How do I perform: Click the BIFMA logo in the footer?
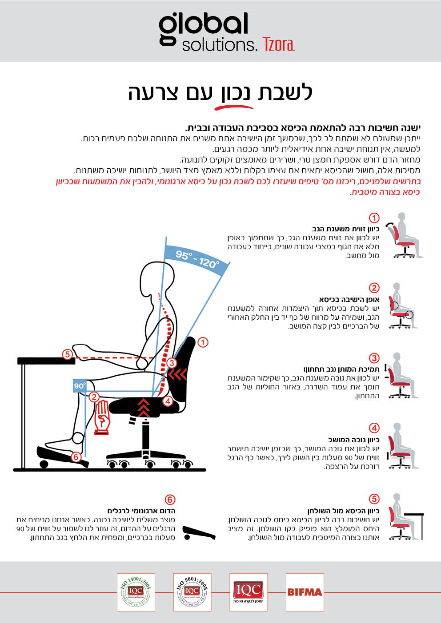click(x=305, y=592)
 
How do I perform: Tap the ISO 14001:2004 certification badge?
click(x=136, y=592)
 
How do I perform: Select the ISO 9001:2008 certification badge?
click(x=192, y=592)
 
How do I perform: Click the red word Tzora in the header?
click(x=278, y=44)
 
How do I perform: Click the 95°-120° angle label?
click(x=197, y=260)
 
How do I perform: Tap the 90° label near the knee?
click(x=80, y=386)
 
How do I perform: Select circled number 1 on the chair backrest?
click(x=203, y=342)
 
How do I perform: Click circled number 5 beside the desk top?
click(x=67, y=354)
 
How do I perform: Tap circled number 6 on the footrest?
click(x=76, y=456)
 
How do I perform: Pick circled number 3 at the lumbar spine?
click(x=172, y=363)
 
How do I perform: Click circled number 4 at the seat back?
click(x=168, y=401)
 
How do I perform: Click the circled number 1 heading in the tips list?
click(x=374, y=218)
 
